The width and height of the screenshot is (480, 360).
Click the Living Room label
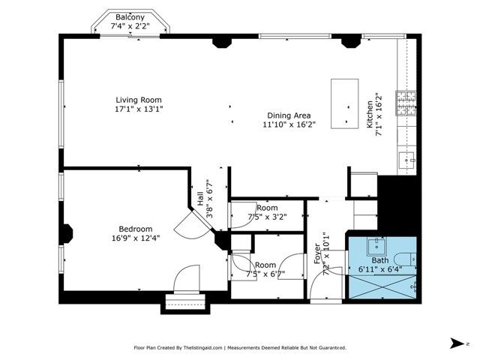[x=138, y=100]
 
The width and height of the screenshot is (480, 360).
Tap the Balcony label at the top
[x=130, y=16]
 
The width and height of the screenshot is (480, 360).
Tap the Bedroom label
[x=136, y=229]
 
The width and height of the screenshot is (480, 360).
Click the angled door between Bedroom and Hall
[x=187, y=226]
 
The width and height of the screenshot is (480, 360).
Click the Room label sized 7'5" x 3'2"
[x=266, y=208]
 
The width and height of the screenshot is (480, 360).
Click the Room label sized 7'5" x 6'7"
[x=265, y=265]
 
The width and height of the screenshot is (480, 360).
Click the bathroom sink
[x=377, y=245]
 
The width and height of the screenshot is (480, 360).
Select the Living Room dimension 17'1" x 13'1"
[x=138, y=109]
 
